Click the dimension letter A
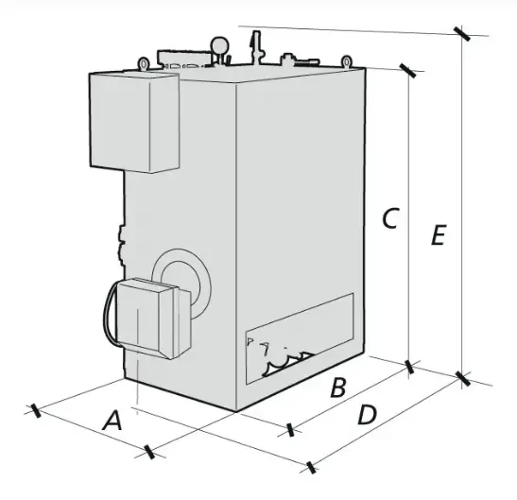click(x=112, y=421)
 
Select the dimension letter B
click(x=338, y=388)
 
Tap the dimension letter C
click(x=391, y=218)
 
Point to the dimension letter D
click(x=367, y=415)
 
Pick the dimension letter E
click(x=439, y=234)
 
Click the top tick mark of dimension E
click(x=462, y=34)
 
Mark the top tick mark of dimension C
click(x=408, y=71)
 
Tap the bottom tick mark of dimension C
click(x=409, y=367)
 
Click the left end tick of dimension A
click(x=36, y=410)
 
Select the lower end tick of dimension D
click(x=311, y=467)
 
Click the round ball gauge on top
click(x=219, y=44)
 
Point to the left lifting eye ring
click(x=144, y=63)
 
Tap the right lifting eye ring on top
click(x=346, y=61)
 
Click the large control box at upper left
click(x=134, y=122)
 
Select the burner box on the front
click(x=154, y=319)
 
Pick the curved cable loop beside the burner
click(x=110, y=313)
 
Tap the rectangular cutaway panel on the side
click(x=300, y=338)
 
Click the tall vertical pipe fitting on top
click(x=256, y=48)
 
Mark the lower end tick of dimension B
click(x=290, y=429)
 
